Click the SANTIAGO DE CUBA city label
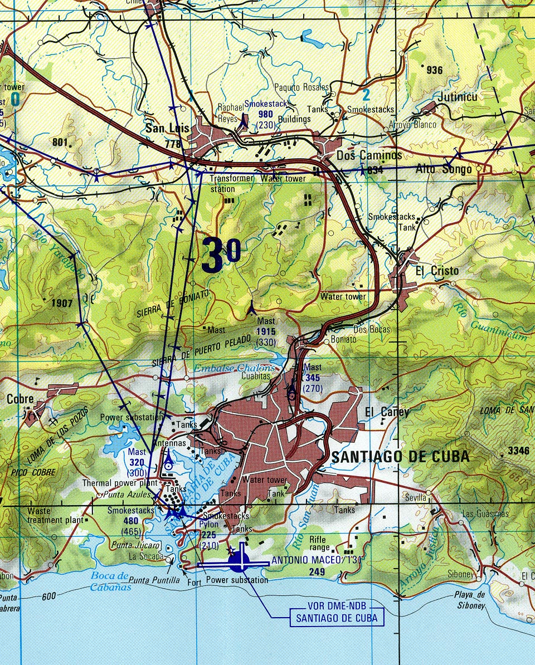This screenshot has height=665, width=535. (x=400, y=457)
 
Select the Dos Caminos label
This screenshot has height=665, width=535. (x=369, y=155)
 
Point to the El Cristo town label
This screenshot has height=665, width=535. (x=437, y=271)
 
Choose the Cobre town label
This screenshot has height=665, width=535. (x=20, y=399)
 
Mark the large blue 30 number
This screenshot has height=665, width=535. (x=221, y=255)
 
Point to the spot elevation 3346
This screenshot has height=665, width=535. (x=518, y=451)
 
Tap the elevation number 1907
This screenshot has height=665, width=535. (x=61, y=304)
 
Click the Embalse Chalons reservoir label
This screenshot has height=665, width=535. (x=234, y=368)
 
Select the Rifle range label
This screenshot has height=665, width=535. (x=318, y=543)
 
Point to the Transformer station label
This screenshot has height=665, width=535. (x=230, y=183)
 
